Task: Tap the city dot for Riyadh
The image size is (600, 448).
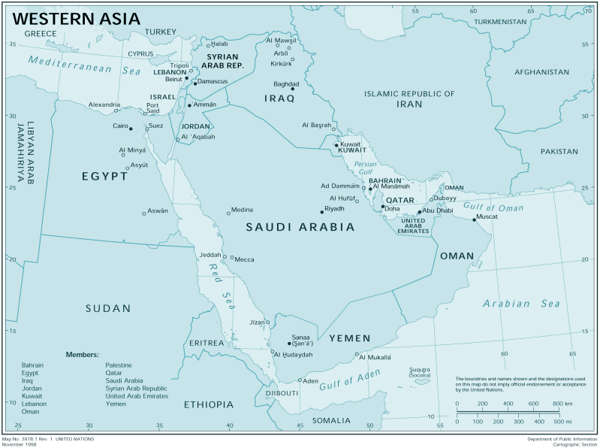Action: [x=321, y=212]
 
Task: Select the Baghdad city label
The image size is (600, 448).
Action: [x=287, y=83]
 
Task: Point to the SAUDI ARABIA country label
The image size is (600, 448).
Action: [x=300, y=226]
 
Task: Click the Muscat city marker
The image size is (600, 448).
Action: [x=474, y=219]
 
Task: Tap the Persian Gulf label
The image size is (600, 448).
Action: [x=366, y=168]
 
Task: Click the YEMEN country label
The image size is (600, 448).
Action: [x=350, y=338]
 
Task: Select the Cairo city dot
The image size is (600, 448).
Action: [x=131, y=129]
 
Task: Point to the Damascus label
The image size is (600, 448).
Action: [x=213, y=81]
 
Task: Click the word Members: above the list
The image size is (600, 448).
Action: [x=83, y=354]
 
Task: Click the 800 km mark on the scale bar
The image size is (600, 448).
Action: [x=557, y=404]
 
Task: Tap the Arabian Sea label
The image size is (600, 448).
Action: [x=521, y=304]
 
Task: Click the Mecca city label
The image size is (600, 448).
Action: [x=245, y=259]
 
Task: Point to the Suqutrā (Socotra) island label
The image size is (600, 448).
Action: [x=420, y=371]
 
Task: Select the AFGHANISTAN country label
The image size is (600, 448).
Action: [x=541, y=72]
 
